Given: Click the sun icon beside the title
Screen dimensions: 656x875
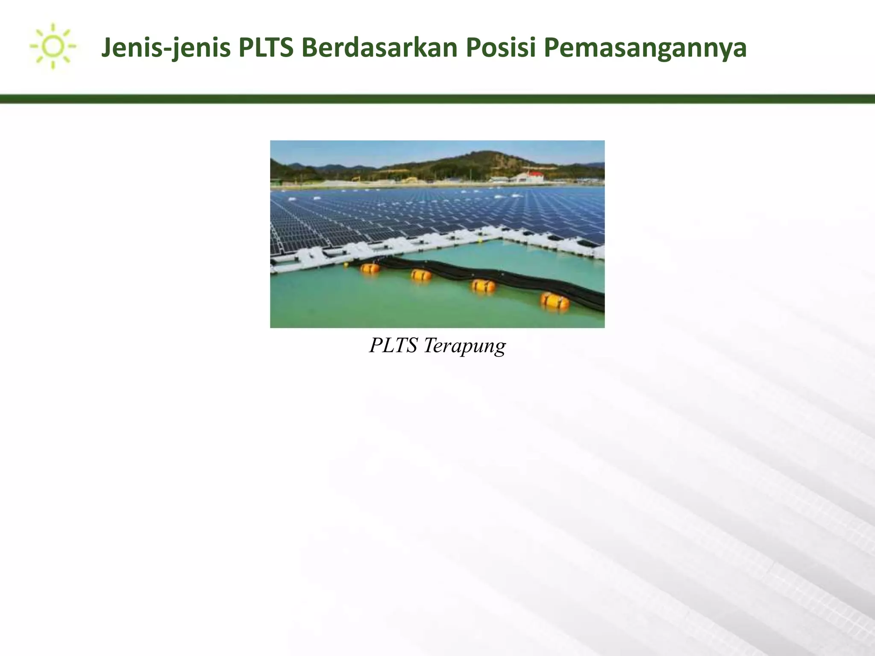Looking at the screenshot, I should tap(53, 46).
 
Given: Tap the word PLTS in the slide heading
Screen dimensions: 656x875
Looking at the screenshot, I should tap(266, 48).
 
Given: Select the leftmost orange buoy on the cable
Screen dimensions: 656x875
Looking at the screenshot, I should tap(370, 268).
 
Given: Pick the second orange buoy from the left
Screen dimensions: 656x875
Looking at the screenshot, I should tap(421, 275).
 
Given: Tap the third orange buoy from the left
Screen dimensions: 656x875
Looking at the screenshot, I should tap(483, 285).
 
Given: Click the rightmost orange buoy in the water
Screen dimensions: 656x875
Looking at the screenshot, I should tap(555, 301).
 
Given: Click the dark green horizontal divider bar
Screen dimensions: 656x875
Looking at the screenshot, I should tap(437, 99).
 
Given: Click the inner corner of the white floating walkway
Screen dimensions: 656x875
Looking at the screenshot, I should tap(501, 240).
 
